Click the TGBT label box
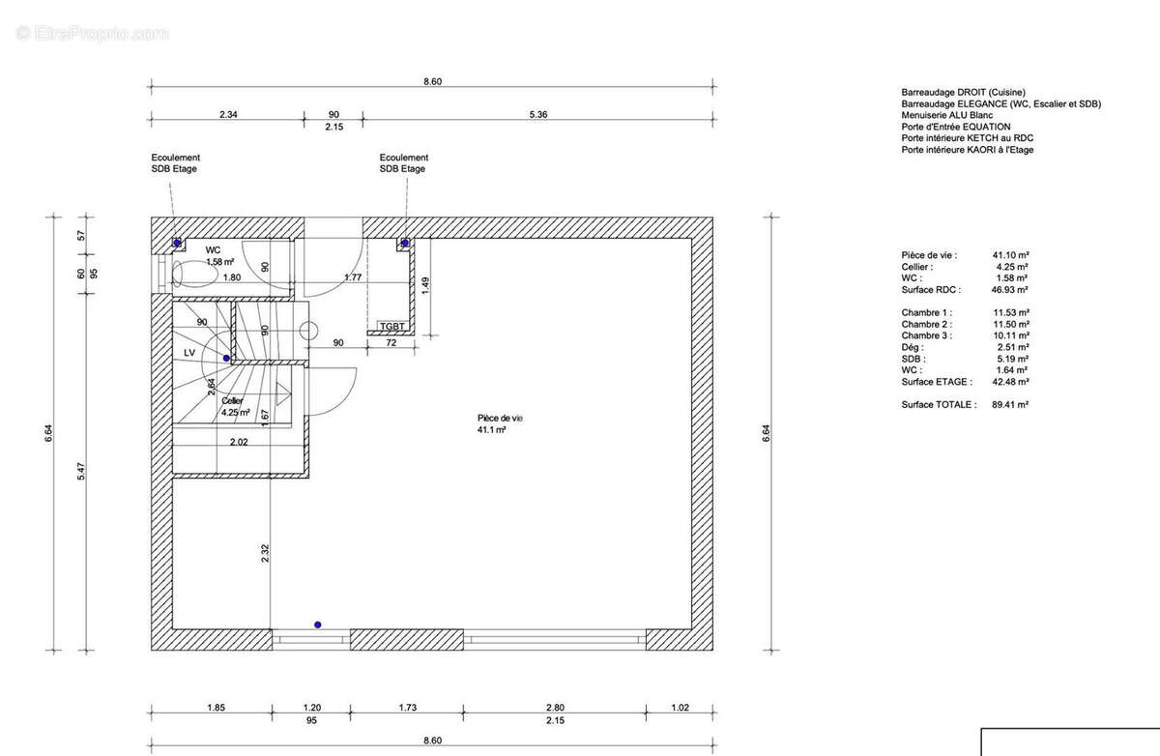pos(392,326)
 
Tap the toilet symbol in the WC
pos(195,274)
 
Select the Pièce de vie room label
pos(500,423)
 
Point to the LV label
pos(189,353)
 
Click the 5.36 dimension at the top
pos(538,114)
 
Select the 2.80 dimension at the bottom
pos(555,708)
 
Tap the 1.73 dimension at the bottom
pos(408,708)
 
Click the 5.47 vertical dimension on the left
pos(81,471)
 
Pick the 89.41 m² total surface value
pos(1010,404)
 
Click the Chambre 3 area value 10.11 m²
pos(1011,335)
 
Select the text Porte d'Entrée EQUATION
pos(956,127)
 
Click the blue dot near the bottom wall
pos(317,625)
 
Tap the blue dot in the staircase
pos(226,359)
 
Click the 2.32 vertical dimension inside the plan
pos(265,554)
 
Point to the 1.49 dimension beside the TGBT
pos(425,286)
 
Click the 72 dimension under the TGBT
pos(391,343)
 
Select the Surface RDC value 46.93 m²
pos(1010,289)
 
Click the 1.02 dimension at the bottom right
pos(680,708)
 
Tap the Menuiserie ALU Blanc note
pos(947,115)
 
